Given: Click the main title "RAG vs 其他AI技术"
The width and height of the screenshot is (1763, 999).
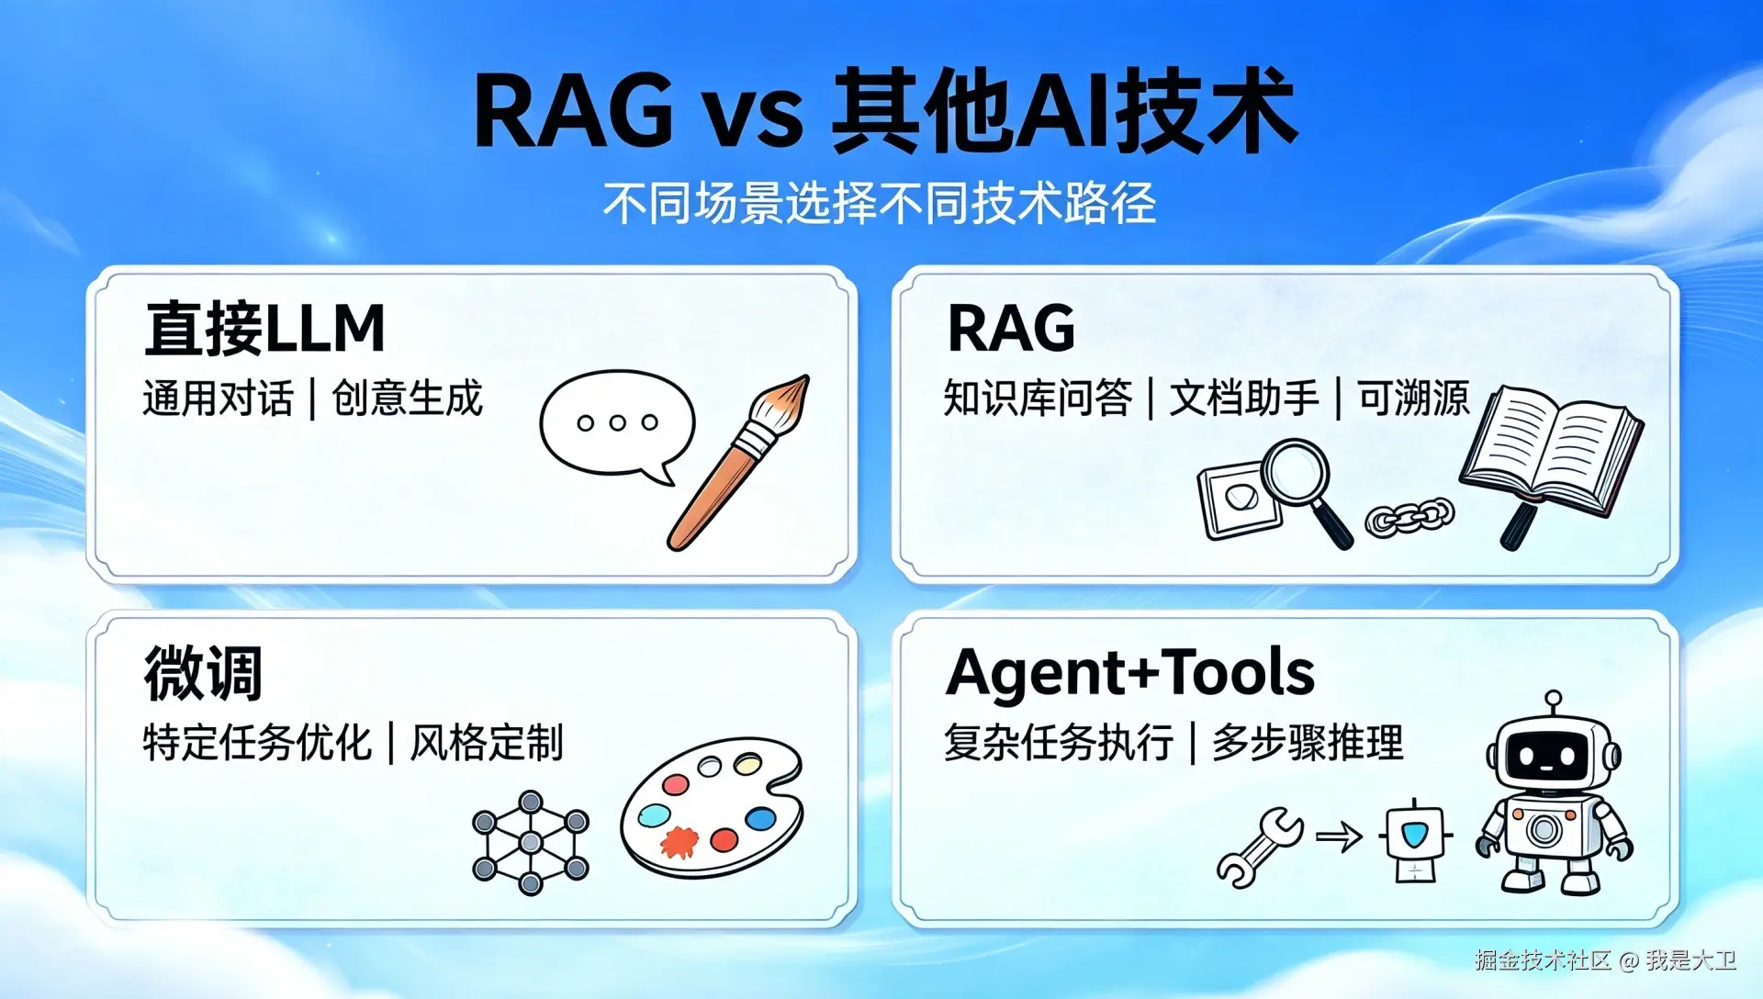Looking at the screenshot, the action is point(885,110).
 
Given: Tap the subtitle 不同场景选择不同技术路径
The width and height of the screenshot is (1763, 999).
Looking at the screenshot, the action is point(880,203).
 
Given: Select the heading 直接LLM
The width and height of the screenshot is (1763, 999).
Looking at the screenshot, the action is point(264,329).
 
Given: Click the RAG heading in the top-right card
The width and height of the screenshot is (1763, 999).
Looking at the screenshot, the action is point(1011,329).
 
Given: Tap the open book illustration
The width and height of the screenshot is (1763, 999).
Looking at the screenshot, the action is point(1552,450).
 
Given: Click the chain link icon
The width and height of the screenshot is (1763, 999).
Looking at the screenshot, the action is point(1409,517).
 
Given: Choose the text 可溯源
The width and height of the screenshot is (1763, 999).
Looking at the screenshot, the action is point(1414,399).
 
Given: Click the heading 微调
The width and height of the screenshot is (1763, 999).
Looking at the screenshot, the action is point(203,673).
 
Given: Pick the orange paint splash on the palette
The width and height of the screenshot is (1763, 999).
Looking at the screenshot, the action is point(679,841).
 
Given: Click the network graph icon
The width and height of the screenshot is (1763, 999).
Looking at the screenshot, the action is point(531,842).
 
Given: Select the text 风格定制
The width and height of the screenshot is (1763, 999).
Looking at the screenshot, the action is point(487,743).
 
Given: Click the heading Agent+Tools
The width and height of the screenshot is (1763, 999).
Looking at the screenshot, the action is point(1130,673).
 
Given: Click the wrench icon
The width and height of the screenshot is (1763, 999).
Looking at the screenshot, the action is point(1260,847).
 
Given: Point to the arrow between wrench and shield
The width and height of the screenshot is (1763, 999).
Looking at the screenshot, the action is point(1339,836).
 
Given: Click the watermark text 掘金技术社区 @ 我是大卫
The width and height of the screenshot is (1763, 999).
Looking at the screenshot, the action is point(1605,960).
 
